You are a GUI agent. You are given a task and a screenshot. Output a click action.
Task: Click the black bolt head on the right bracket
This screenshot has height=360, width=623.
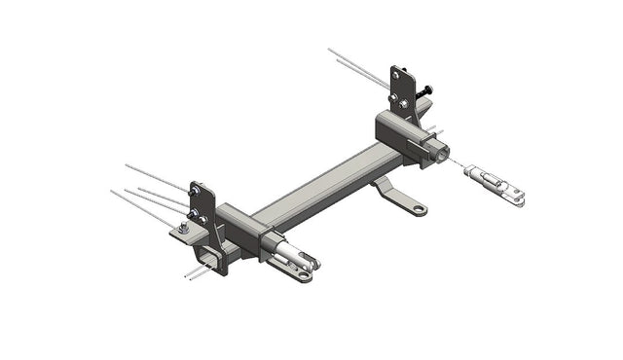click(x=426, y=90)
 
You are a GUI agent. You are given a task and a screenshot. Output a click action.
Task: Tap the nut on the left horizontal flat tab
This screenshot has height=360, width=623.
click(x=184, y=228)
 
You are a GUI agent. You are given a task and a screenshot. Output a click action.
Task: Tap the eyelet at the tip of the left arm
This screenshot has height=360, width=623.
click(x=304, y=275)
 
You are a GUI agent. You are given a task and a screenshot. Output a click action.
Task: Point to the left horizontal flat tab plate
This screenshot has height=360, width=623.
click(x=182, y=234)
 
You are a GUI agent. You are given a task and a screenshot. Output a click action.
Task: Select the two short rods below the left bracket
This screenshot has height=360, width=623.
click(x=198, y=272)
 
